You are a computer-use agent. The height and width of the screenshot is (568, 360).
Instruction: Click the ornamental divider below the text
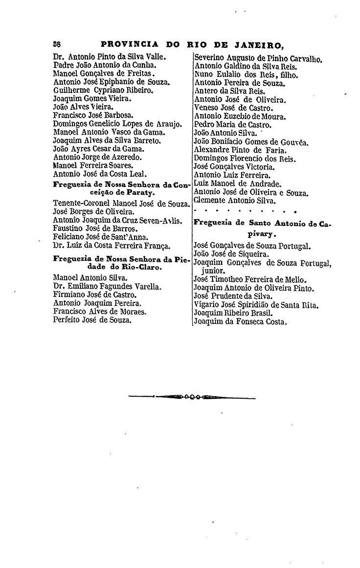(x=192, y=397)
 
